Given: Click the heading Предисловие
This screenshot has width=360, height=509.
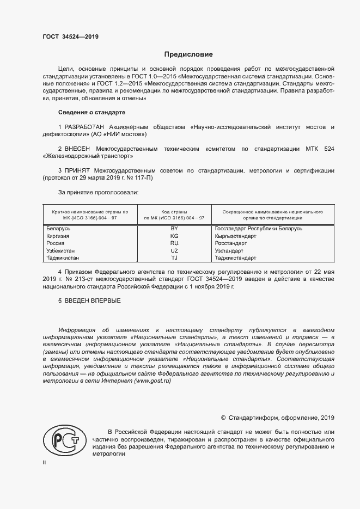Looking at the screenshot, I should coord(188,54).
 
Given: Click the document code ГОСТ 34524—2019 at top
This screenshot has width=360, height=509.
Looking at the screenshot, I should coord(70,38).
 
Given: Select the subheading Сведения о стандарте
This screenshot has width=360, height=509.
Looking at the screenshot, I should coord(91,112).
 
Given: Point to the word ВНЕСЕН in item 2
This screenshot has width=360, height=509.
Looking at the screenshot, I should coord(77,149).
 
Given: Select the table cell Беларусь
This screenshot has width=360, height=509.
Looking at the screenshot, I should coord(59,229).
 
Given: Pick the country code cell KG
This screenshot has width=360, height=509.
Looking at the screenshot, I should coord(174,236).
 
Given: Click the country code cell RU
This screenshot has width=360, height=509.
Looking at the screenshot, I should coord(174,243).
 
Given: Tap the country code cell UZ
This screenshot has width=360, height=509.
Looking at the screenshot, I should coord(174,250).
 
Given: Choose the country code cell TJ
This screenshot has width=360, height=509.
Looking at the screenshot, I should coord(174,258).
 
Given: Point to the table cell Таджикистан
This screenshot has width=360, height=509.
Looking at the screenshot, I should coord(63,258).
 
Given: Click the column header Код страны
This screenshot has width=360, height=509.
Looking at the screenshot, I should coord(174,211).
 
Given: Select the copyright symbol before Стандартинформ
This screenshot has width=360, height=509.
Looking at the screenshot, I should coord(223,418).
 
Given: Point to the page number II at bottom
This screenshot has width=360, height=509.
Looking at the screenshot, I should coord(44,463).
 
